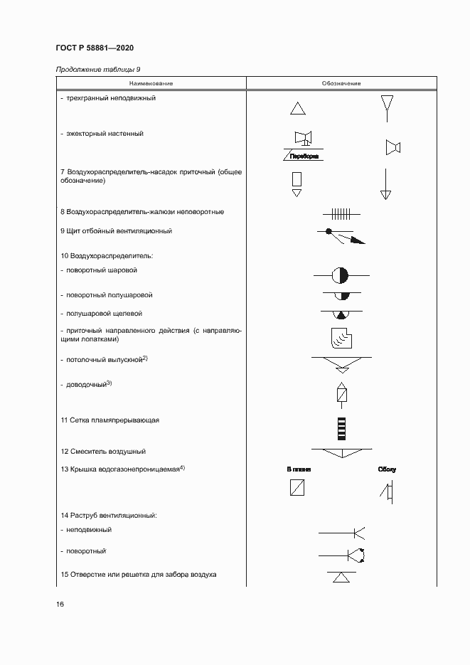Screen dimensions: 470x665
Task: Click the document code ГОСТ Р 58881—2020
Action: coord(94,48)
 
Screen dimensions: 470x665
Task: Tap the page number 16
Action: coord(60,605)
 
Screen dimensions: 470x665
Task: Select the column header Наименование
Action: coord(151,84)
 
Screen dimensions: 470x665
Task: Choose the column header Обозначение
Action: coord(341,84)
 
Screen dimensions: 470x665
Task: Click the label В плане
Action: coord(299,470)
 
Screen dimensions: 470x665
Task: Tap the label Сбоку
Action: coord(388,470)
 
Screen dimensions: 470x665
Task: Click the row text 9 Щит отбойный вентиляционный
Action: coord(117,231)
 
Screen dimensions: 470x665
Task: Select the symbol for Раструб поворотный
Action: coord(342,555)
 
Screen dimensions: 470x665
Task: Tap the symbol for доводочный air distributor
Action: coord(342,393)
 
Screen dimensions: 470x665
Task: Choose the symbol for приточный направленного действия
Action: coord(341,339)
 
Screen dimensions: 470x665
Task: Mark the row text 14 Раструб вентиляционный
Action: coord(108,514)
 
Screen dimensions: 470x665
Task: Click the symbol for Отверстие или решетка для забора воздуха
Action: coord(342,576)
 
